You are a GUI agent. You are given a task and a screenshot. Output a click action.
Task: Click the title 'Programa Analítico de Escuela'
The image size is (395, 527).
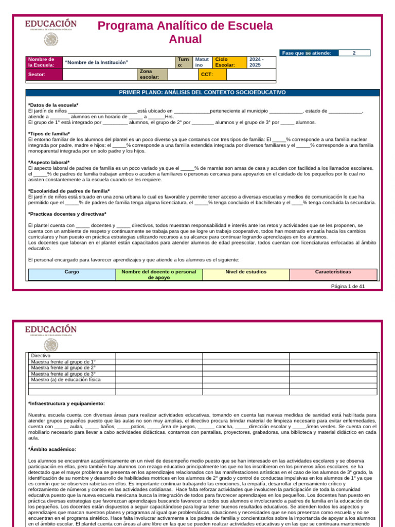186,26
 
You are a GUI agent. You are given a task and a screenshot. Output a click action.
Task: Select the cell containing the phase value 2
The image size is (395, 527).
354,52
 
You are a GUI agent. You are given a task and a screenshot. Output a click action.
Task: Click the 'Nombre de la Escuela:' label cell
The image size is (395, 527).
44,62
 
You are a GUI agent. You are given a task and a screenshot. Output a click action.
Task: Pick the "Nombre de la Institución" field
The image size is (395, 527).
118,62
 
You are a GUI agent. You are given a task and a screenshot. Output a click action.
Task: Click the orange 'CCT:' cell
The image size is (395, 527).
212,75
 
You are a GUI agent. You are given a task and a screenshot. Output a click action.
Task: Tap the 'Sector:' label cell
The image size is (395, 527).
44,75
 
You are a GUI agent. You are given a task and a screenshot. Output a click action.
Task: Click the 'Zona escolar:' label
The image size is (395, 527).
152,75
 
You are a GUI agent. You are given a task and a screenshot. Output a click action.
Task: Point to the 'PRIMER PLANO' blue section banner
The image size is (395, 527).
203,93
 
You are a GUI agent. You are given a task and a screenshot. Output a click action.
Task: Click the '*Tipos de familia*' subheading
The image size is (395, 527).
49,134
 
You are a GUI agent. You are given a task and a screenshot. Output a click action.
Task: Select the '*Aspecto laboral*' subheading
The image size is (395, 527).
49,163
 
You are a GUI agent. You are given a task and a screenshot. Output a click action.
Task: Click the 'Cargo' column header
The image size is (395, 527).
71,271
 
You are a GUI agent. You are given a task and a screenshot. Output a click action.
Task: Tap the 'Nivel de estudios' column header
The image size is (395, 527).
246,271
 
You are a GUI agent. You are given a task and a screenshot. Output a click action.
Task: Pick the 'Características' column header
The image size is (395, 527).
333,271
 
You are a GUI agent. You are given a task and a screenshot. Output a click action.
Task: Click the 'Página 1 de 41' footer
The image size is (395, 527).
348,286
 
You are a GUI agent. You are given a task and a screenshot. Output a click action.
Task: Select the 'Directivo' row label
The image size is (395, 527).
41,356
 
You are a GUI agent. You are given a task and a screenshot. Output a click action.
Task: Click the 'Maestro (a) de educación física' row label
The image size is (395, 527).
66,380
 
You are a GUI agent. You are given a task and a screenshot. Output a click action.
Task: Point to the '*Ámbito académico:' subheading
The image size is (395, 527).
52,449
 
